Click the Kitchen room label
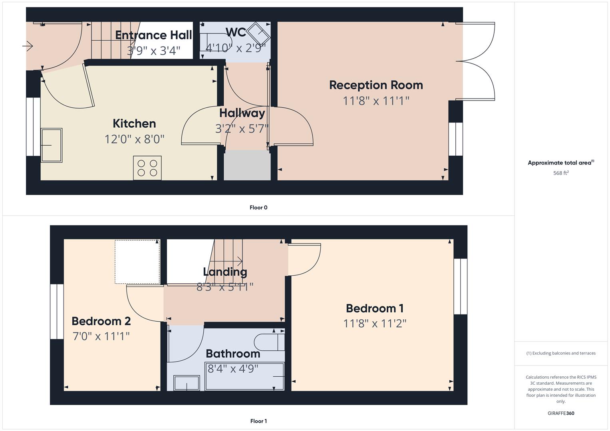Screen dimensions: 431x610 134,124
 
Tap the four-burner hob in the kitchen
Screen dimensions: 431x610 147,168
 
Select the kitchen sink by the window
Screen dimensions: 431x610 52,145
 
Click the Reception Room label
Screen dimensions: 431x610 376,85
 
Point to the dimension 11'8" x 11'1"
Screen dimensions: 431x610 376,101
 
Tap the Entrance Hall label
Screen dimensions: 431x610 153,35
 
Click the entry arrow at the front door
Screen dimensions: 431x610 28,47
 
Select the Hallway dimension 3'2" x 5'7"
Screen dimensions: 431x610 242,129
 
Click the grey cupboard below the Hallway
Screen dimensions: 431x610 247,165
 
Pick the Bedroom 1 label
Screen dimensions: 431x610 375,308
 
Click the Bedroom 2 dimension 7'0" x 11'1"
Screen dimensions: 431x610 101,336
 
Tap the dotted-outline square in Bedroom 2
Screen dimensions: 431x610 137,262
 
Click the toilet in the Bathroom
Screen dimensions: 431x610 269,342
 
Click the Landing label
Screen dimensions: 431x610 225,272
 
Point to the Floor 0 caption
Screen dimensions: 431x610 258,208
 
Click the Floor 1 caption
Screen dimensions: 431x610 258,421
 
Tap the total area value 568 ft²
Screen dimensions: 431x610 561,173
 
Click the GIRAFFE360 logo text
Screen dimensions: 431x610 561,413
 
